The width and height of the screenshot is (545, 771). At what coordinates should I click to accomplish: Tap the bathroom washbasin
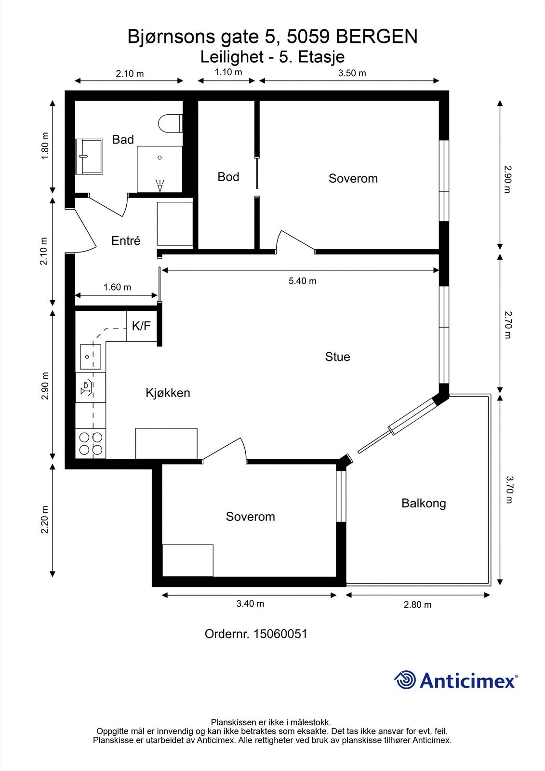(89, 157)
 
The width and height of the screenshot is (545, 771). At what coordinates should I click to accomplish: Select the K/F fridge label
(141, 326)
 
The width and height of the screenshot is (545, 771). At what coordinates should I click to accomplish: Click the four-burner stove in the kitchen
(91, 443)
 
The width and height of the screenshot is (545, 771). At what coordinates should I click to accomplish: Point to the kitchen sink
(90, 357)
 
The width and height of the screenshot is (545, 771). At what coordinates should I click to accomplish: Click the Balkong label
(424, 503)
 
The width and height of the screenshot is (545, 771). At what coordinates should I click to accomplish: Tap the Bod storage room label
(228, 177)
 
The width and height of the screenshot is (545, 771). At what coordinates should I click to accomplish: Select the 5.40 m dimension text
(303, 281)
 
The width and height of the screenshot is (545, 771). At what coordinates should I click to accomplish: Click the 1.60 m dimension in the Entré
(118, 287)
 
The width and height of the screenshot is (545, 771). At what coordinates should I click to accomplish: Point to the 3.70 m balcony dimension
(509, 490)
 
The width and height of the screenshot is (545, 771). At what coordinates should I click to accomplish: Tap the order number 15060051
(280, 634)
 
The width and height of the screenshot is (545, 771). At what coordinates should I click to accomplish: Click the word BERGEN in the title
(377, 37)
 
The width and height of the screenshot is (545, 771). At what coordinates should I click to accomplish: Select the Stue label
(337, 357)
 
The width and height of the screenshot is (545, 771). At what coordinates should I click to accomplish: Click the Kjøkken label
(168, 393)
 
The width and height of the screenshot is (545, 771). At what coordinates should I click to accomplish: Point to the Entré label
(126, 240)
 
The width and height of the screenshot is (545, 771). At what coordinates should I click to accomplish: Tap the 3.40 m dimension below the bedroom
(250, 604)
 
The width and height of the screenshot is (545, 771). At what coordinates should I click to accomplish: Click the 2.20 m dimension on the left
(45, 519)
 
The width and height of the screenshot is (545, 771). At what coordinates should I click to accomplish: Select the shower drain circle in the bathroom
(160, 158)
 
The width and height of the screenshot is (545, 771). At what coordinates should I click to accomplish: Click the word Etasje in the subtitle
(321, 57)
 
